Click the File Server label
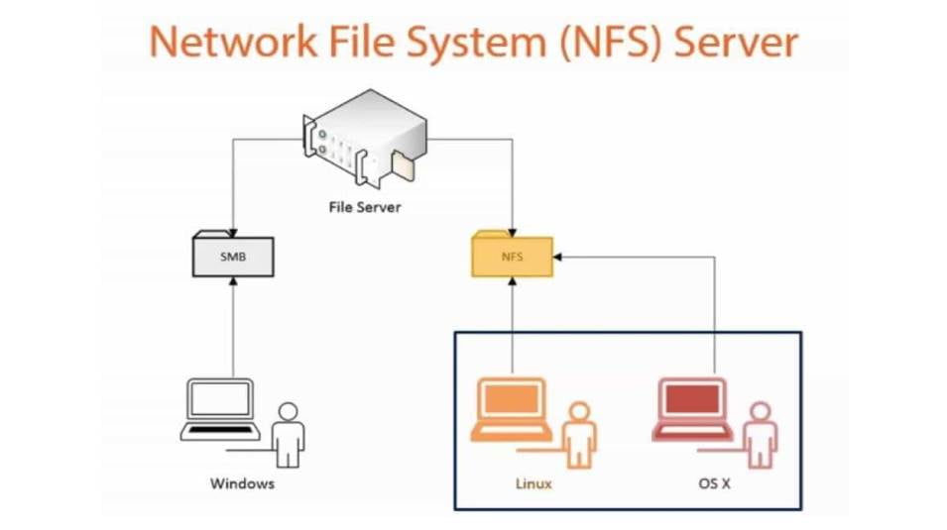tap(365, 208)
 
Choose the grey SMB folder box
tap(232, 256)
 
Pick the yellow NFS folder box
tap(512, 257)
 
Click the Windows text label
tap(242, 484)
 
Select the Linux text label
tap(533, 484)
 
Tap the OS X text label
tap(716, 484)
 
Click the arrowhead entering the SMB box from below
tap(232, 282)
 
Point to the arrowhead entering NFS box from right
tap(559, 257)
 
